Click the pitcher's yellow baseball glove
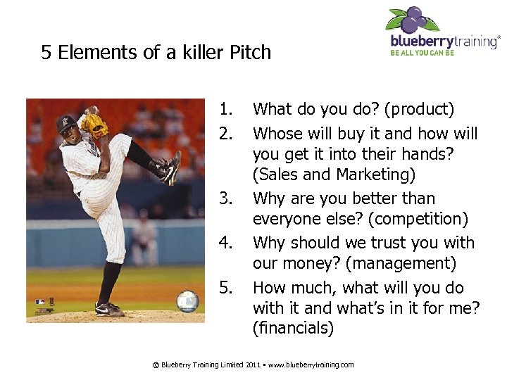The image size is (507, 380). [93, 125]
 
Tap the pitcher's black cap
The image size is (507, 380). [66, 123]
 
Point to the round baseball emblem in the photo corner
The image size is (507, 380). [187, 301]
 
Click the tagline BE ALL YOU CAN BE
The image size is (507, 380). [423, 52]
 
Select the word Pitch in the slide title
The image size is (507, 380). [247, 53]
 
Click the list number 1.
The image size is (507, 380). [225, 109]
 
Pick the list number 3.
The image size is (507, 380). [225, 198]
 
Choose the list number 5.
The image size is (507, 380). [225, 288]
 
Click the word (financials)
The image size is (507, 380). [293, 328]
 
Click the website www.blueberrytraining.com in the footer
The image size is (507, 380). [311, 365]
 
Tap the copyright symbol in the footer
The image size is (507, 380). [156, 365]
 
